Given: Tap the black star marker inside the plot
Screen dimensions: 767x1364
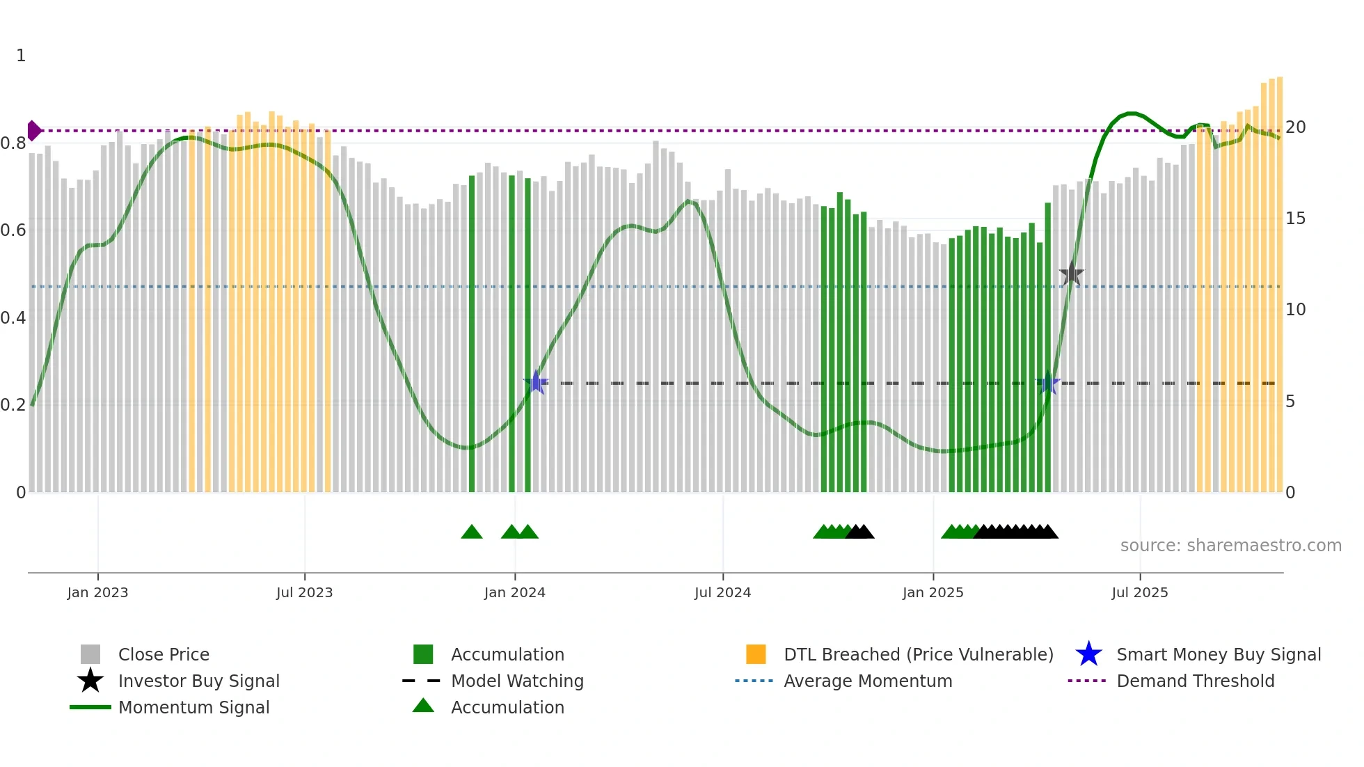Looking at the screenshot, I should point(1072,274).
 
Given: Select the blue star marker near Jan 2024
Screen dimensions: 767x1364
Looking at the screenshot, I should point(536,382).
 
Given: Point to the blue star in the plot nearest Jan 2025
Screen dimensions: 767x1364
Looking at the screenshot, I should point(1048,383).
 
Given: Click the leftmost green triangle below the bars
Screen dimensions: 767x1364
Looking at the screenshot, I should point(471,532).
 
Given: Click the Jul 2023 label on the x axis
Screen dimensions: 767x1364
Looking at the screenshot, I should point(304,593).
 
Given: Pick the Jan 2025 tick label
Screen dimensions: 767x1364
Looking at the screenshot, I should point(933,593).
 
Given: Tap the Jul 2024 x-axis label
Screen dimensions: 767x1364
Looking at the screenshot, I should point(722,593).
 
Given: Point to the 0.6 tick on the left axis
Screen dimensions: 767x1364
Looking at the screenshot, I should point(13,230).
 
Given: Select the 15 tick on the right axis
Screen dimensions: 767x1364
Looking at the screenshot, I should point(1295,219).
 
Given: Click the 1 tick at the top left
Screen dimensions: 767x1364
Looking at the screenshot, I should point(21,56).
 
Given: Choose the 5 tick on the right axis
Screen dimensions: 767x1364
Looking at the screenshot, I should point(1290,402).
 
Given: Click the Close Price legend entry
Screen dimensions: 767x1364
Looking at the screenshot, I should point(164,655).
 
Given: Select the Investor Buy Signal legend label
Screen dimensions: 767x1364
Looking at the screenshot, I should point(199,681).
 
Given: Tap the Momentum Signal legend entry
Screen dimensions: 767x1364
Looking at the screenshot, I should point(193,708).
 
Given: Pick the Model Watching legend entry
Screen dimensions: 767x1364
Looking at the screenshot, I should point(517,681).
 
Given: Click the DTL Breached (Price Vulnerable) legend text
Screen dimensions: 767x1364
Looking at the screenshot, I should point(919,655).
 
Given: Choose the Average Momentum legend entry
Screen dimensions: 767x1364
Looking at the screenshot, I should point(868,681).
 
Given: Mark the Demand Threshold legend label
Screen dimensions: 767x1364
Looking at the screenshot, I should point(1196,681).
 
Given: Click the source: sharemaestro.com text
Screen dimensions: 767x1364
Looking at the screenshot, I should point(1230,546).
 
